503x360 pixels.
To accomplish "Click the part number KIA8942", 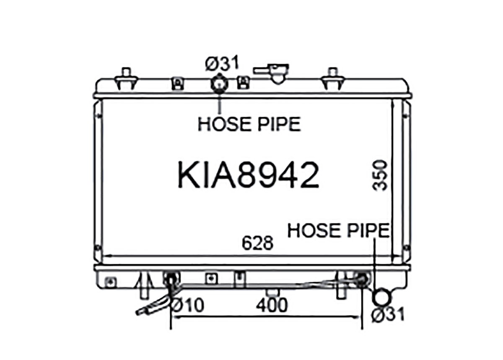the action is [248, 175].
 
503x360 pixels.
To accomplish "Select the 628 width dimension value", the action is [257, 243].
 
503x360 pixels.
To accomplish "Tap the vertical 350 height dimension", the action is [380, 175].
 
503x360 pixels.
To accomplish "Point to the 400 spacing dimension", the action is [272, 305].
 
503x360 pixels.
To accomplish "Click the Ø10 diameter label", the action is [188, 305].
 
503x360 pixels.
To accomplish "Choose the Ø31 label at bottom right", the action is [388, 314].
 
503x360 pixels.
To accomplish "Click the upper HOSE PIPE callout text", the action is [249, 124].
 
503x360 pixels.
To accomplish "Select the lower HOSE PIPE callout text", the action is [339, 230].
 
